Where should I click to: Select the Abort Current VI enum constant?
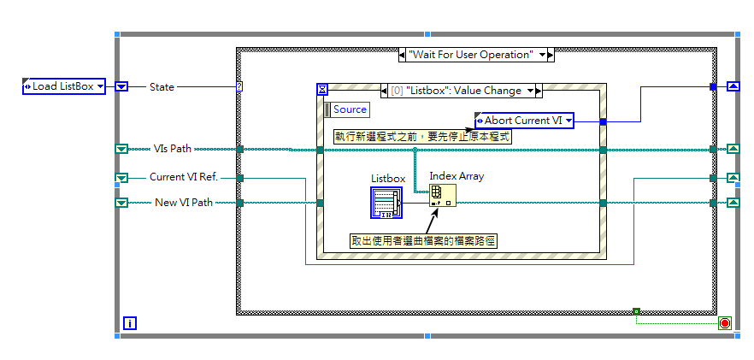524,121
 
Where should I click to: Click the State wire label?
162,86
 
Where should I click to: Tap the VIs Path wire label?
172,149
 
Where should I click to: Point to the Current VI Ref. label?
184,177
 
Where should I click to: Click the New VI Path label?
183,203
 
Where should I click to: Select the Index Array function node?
442,195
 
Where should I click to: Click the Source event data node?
346,109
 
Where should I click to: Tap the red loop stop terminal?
725,322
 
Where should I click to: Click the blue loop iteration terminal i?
129,323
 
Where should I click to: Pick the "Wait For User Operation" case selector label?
476,55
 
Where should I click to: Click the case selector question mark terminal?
239,86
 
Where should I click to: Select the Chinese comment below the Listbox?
424,241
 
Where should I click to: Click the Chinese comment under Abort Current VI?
422,137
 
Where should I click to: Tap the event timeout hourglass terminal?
322,89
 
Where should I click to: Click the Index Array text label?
457,176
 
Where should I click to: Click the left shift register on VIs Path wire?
121,150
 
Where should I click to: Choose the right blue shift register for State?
733,86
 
